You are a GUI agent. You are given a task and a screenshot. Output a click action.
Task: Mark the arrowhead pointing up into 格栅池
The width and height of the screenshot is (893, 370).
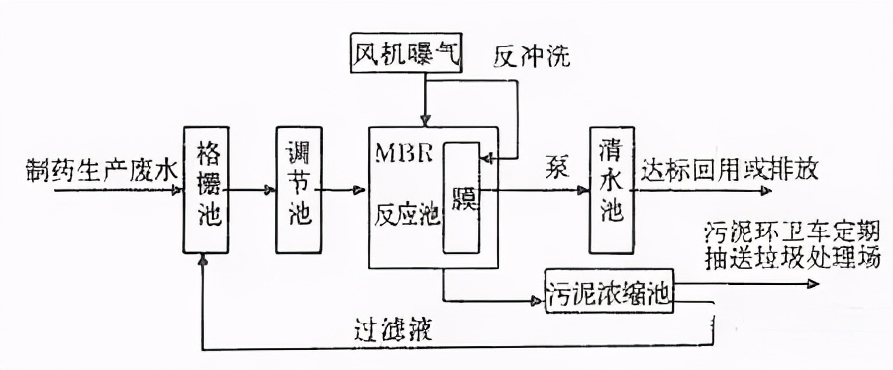click(x=202, y=259)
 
